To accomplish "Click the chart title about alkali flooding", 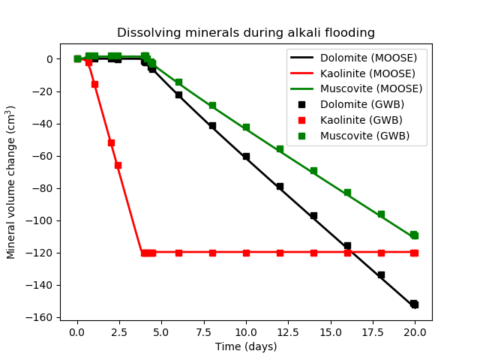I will coord(246,33).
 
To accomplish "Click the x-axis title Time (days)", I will coord(246,346).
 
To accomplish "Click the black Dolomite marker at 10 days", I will coord(246,157).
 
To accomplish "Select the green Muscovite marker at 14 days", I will coord(313,171).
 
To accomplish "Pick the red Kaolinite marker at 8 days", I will coord(212,253).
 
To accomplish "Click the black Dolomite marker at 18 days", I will coord(381,275).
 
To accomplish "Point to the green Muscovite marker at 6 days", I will coord(178,82).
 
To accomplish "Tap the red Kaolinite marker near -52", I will coord(111,142).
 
